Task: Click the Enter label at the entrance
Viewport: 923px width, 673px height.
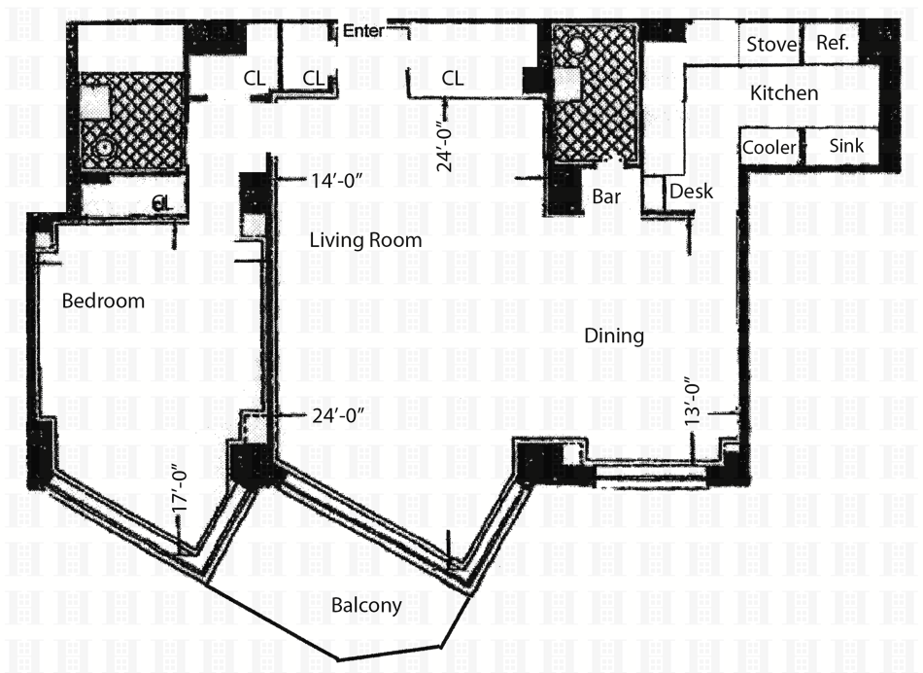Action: coord(362,31)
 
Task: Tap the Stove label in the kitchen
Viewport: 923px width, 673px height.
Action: coord(771,44)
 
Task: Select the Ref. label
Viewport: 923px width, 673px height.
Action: coord(833,43)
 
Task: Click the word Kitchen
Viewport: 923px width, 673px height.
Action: coord(784,93)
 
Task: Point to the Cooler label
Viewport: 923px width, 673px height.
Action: coord(769,147)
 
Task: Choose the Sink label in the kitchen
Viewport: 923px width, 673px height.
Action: coord(846,146)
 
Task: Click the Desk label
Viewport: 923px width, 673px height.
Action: coord(691,192)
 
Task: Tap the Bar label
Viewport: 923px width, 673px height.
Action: coord(606,196)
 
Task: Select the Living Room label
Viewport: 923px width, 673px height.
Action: coord(365,240)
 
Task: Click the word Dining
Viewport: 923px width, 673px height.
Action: coord(614,336)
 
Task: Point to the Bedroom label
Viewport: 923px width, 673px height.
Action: coord(103,301)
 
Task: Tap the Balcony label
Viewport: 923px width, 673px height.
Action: coord(366,605)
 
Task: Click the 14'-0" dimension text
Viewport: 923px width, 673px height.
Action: coord(336,180)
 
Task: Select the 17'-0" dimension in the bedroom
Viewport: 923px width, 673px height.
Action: coord(180,490)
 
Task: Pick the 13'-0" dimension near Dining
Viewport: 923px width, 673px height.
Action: coord(692,402)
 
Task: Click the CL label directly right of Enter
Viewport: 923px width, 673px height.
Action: coord(452,79)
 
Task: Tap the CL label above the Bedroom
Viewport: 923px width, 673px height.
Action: coord(162,203)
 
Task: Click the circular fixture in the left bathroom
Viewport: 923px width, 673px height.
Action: coord(106,147)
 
